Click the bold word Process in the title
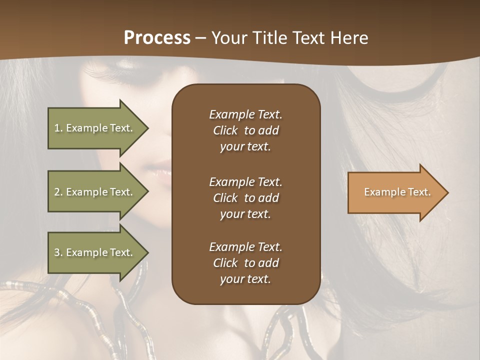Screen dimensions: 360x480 coord(157,37)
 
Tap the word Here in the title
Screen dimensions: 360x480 coord(349,37)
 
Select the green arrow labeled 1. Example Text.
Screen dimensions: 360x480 coord(95,128)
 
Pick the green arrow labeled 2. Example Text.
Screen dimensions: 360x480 coord(95,192)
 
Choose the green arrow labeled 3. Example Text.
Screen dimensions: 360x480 coord(95,252)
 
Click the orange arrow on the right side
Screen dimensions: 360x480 coord(395,192)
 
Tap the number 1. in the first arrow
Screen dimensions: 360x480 coord(58,128)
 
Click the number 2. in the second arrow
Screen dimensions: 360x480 coord(58,192)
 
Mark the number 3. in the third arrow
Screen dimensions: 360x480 coord(58,252)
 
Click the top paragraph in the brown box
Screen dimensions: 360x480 coord(245,130)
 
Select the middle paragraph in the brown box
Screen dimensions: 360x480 coord(245,198)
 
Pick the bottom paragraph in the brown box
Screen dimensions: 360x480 coord(245,263)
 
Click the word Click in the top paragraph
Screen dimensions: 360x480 coord(225,130)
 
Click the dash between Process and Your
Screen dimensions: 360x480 coord(200,38)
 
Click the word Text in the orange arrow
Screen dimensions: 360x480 coord(420,192)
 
